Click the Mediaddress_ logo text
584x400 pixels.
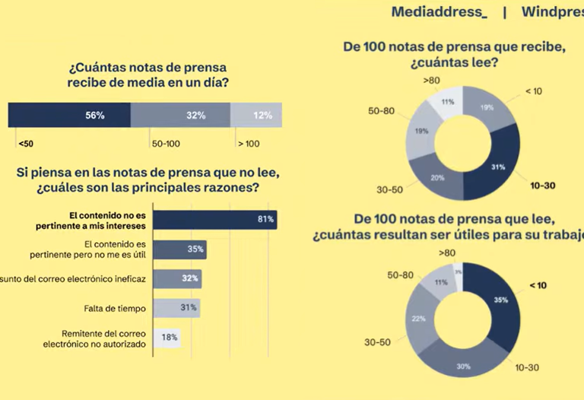tap(439, 13)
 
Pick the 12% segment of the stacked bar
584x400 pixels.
tap(256, 115)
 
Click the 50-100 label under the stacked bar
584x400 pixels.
tap(166, 143)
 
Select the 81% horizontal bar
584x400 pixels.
tap(215, 220)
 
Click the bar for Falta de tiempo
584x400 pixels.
tap(177, 308)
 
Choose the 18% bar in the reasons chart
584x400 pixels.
tap(167, 338)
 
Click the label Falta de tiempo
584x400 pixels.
tap(114, 308)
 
